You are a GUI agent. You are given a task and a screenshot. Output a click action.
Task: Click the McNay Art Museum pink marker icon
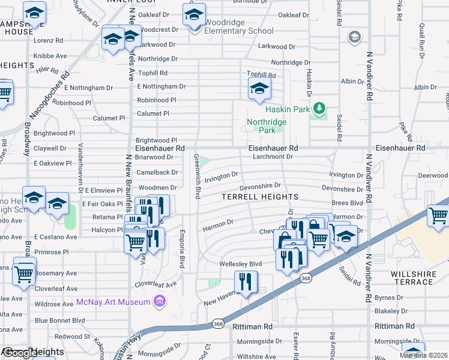click(159, 300)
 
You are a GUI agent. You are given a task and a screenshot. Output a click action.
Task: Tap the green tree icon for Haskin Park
click(321, 108)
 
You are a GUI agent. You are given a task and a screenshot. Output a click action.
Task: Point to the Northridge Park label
click(266, 125)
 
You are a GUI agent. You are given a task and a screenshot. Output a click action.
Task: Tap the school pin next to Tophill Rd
click(259, 89)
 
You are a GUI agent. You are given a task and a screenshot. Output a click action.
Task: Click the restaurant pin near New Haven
click(245, 282)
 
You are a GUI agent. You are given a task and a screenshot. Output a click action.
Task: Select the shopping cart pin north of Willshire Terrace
click(438, 215)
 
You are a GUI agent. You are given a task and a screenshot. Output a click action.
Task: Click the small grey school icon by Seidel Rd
click(355, 37)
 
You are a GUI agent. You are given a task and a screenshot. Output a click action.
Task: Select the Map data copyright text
click(424, 355)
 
